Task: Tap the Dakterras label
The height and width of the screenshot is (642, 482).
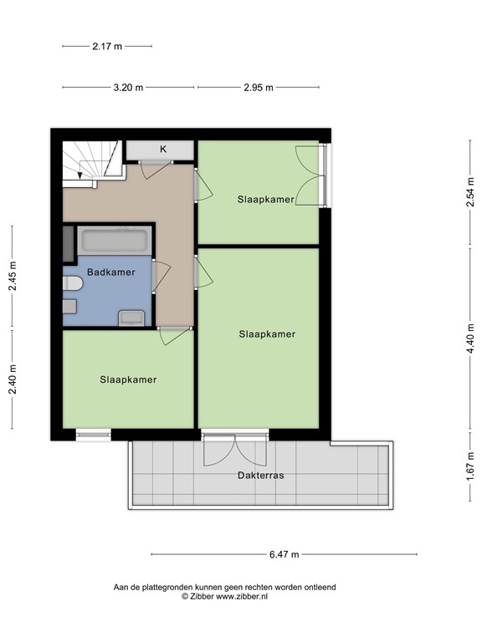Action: click(x=259, y=475)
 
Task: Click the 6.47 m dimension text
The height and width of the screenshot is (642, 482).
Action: click(x=284, y=554)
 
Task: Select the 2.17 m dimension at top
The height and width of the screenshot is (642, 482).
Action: click(x=106, y=47)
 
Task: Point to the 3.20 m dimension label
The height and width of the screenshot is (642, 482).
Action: click(x=128, y=87)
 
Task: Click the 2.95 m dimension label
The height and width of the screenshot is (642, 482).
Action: click(x=259, y=87)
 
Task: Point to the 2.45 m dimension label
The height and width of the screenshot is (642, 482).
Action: click(x=13, y=277)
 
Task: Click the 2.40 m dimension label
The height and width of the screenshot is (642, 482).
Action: click(x=13, y=380)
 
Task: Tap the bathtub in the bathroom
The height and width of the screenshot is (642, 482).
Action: click(x=114, y=242)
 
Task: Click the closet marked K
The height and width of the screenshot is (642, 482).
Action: click(x=162, y=150)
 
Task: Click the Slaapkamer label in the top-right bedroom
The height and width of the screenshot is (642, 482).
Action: click(x=265, y=199)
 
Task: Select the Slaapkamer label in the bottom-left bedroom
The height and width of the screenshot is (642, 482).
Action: click(x=128, y=380)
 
